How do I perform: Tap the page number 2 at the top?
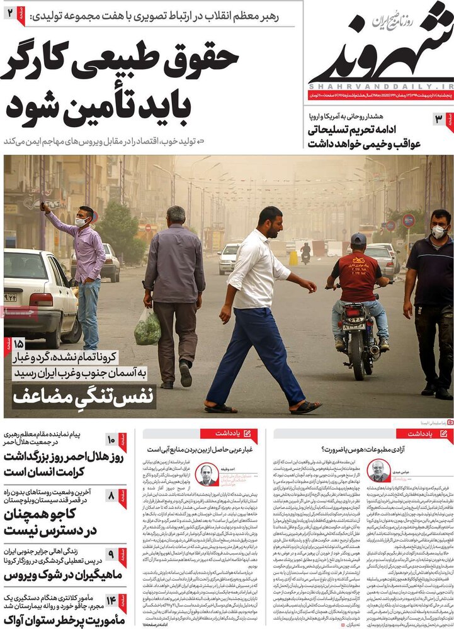11,12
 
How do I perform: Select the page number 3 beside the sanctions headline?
438,120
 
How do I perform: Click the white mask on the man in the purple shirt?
81,222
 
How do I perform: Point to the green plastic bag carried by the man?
147,328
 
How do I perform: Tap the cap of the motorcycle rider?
358,239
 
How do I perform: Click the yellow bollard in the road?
293,258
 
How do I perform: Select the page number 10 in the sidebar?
111,440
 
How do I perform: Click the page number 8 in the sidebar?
111,496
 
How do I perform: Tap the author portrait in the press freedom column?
378,471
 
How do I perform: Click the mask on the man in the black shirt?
438,231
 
